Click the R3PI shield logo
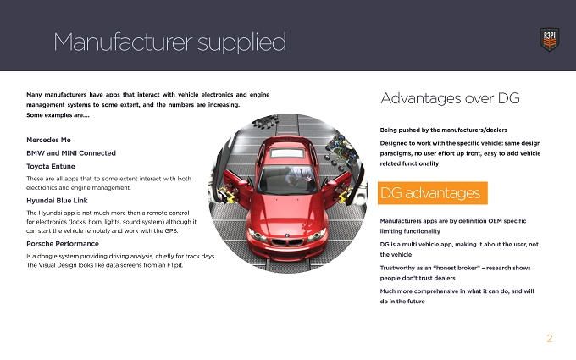pos(549,39)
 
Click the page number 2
pos(550,338)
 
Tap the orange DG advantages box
pos(432,193)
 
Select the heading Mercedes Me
pos(48,140)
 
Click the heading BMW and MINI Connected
pos(71,153)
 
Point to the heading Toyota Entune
pos(51,166)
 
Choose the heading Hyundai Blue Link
pos(57,201)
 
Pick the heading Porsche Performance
pos(63,244)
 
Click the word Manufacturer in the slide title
pos(123,42)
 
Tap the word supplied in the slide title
pos(241,43)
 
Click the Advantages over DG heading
pos(450,98)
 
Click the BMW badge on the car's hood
pos(287,235)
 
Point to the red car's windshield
pos(287,180)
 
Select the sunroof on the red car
pos(287,153)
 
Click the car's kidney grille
pos(287,242)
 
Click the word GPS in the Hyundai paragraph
pos(171,231)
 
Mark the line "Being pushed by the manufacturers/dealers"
pos(443,130)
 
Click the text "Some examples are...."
pos(58,115)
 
